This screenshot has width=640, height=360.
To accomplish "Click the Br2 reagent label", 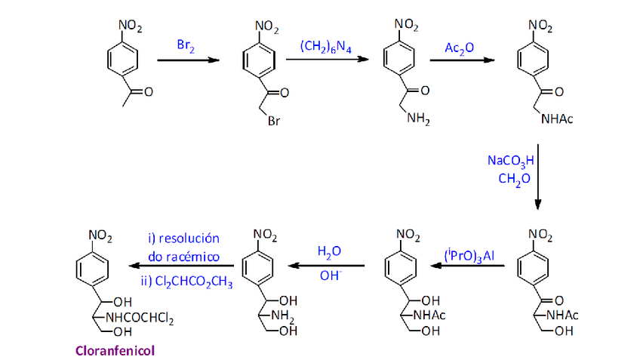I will [185, 45].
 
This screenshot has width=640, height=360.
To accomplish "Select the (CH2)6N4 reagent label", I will [325, 45].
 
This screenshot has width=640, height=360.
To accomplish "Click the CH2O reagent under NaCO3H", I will [511, 179].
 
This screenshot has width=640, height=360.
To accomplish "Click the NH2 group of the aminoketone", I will [417, 118].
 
